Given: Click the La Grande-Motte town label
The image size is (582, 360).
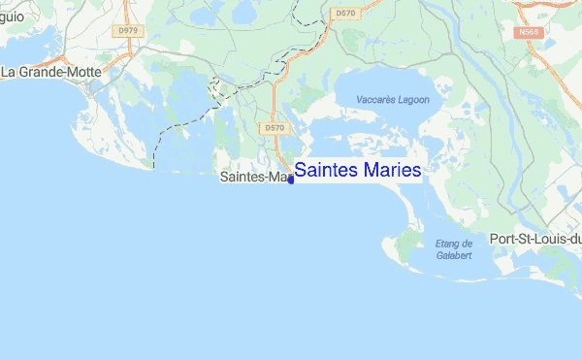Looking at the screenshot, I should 58,72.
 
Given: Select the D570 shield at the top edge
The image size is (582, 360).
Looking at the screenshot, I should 343,14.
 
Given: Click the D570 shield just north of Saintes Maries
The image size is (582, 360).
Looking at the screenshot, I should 274,127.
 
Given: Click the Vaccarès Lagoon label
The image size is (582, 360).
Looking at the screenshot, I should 392,100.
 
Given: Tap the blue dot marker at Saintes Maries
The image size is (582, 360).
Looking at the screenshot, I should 290,180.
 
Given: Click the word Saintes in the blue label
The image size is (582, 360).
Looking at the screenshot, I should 327,170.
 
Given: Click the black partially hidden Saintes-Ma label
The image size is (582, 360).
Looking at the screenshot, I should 254,179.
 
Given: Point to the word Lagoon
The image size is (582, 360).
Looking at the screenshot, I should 411,100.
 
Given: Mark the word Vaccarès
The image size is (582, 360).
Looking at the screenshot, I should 374,100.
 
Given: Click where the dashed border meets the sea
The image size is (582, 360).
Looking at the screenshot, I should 153,167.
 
